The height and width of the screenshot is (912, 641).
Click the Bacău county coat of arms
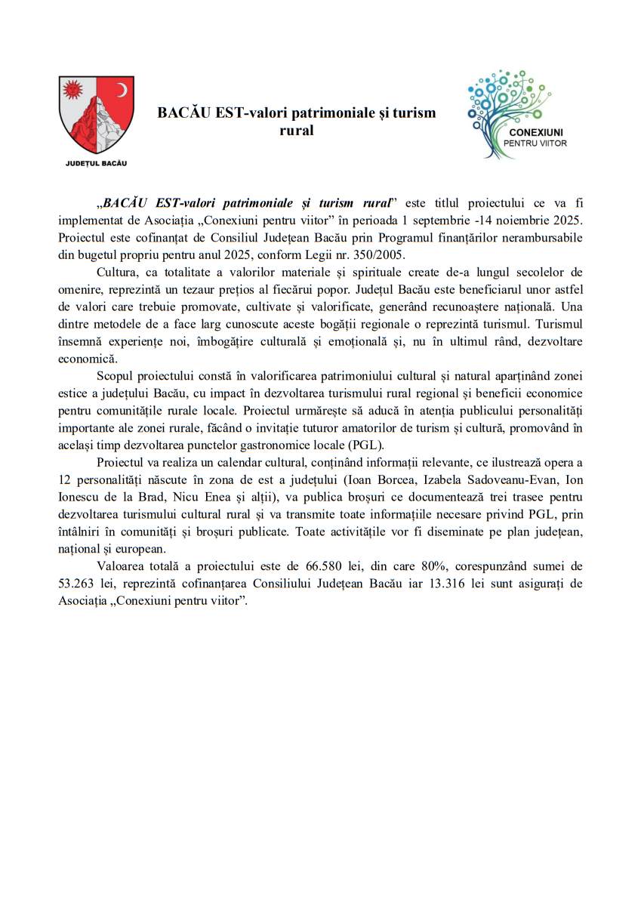coord(96,114)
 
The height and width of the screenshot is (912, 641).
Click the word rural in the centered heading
coord(296,131)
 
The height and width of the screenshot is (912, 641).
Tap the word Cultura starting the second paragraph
coord(116,272)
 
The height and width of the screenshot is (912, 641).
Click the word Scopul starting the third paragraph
coord(115,375)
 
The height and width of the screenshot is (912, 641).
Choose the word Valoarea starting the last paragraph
coord(121,566)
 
